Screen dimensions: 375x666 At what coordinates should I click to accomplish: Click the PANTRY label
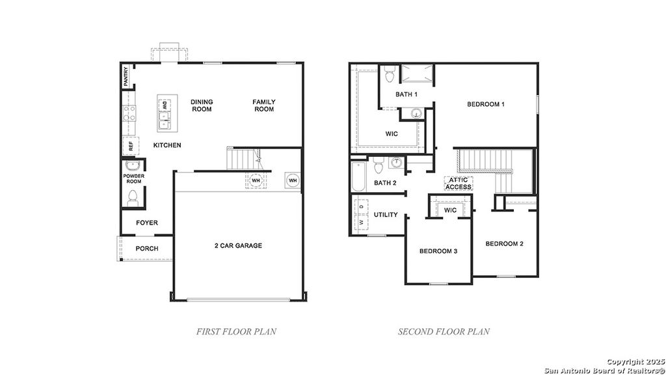click(x=126, y=77)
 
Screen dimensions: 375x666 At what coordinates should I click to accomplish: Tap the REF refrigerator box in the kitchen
click(x=130, y=145)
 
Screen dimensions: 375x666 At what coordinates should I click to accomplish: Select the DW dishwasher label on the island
click(x=165, y=105)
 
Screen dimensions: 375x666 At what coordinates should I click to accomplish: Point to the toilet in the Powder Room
click(x=133, y=196)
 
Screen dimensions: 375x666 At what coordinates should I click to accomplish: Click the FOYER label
click(x=146, y=223)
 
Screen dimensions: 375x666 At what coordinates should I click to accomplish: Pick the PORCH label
click(x=146, y=249)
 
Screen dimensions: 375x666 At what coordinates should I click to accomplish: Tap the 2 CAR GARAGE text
click(x=238, y=245)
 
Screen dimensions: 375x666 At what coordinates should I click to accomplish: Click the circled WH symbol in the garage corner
click(x=292, y=180)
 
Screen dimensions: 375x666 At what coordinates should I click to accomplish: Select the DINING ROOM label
click(x=202, y=105)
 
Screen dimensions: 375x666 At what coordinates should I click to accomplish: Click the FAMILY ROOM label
click(x=264, y=105)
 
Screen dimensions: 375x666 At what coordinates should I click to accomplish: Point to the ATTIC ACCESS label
click(x=459, y=184)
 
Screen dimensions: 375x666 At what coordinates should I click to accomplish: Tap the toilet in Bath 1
click(x=390, y=76)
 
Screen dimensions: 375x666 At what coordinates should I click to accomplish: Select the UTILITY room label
click(x=386, y=215)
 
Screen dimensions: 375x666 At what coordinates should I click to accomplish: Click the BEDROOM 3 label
click(x=438, y=251)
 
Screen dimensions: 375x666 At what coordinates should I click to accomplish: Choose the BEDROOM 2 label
click(x=505, y=243)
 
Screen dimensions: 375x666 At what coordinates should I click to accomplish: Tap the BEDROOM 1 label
click(x=486, y=104)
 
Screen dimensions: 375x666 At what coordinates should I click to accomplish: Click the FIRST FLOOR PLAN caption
click(x=236, y=331)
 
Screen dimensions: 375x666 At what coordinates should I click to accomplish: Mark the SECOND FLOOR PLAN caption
click(x=444, y=331)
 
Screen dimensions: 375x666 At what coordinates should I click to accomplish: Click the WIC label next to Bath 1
click(x=392, y=134)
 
